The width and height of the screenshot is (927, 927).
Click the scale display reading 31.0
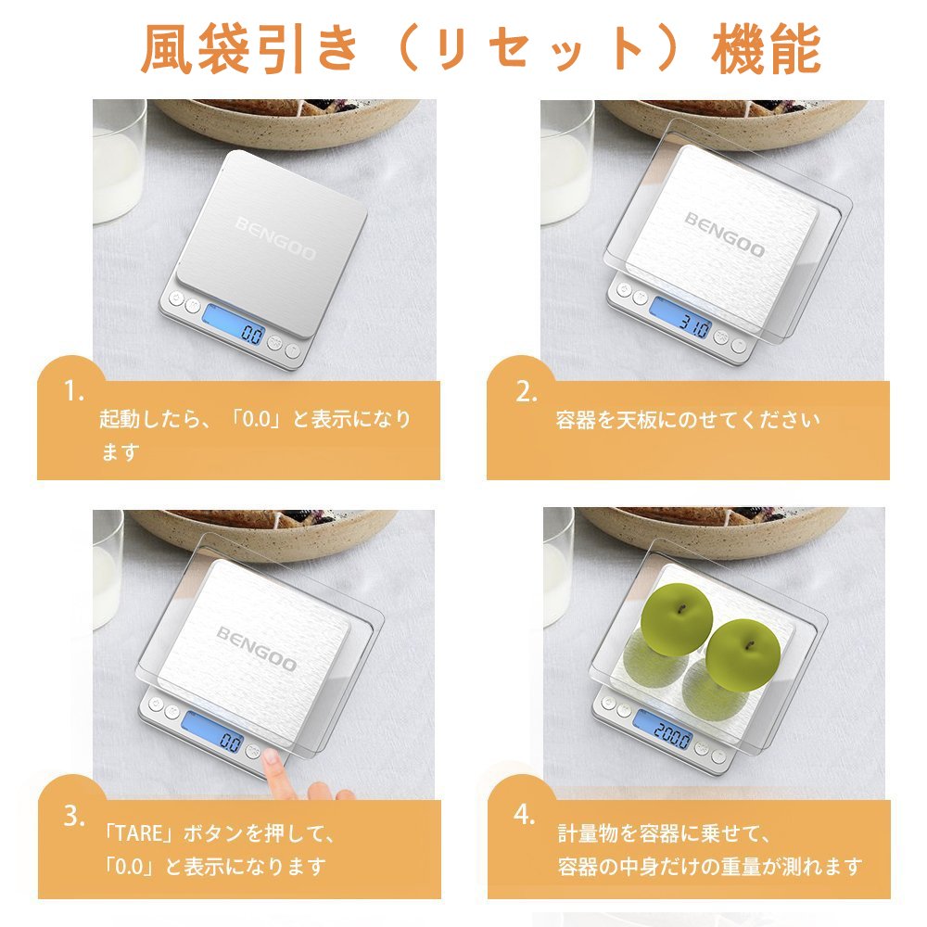point(679,317)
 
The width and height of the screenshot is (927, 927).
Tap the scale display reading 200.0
point(664,729)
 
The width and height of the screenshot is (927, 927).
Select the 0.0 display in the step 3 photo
point(213,732)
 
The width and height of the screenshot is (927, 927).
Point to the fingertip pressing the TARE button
point(272,756)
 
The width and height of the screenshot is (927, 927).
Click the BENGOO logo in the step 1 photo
point(275,239)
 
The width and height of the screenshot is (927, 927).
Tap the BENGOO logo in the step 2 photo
point(725,235)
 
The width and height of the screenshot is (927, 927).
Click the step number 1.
point(73,391)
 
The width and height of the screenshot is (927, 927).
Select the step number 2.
point(526,391)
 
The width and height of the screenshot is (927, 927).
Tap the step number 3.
point(74,816)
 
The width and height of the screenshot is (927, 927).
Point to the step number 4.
point(525,815)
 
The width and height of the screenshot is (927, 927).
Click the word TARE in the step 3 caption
point(138,833)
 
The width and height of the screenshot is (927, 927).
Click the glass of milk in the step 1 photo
point(119,160)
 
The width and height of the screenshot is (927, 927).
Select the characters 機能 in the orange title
point(767,49)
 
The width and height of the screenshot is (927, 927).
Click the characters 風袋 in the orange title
point(196,49)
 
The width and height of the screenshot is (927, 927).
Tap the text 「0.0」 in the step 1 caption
point(257,419)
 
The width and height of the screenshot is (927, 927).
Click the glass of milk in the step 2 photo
point(567,162)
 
